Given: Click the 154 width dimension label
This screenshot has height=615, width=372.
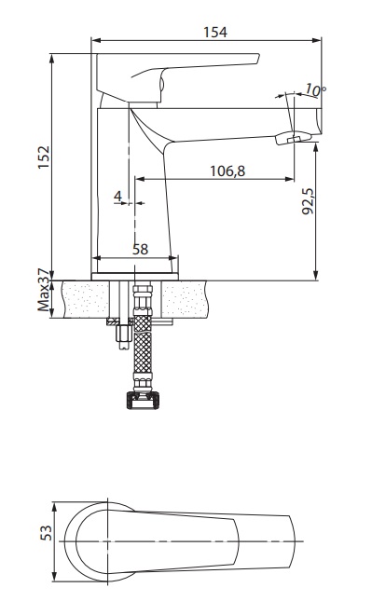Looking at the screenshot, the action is pos(215,33).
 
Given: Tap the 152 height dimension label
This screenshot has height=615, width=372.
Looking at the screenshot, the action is pos(44,157).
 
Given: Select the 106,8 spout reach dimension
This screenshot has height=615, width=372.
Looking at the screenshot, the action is pos(227,171).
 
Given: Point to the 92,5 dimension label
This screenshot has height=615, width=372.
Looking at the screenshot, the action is pos(309,201).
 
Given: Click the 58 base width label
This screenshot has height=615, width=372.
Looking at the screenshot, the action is pos(140,249).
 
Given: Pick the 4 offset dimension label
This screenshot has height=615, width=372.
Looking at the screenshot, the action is pos(118,196).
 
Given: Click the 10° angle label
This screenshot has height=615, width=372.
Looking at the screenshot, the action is pos(315,89).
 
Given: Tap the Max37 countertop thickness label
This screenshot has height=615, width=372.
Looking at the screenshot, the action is pos(44,290).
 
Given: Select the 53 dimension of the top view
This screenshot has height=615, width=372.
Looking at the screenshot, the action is pos(47,533).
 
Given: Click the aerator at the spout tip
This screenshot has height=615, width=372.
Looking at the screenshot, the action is pos(293,138).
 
